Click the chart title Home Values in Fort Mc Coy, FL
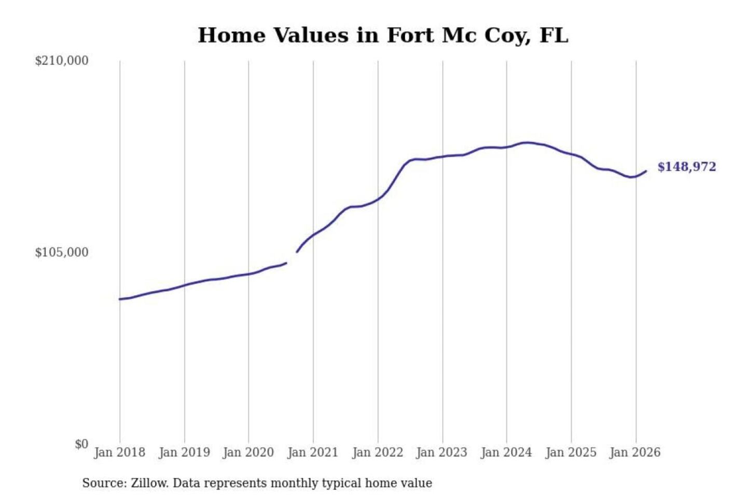tap(383, 35)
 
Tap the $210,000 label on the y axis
tap(62, 61)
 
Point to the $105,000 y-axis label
tap(62, 253)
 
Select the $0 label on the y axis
tap(81, 444)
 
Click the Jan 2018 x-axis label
tap(119, 452)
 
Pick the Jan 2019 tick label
tap(184, 452)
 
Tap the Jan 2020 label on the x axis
tap(248, 452)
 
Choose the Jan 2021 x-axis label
tap(313, 452)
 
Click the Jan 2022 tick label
tap(378, 452)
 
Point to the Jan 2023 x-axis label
tap(441, 452)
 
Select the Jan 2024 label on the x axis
tap(506, 452)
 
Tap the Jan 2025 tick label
tap(571, 452)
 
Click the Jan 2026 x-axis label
tap(635, 452)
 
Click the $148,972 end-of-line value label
tap(686, 167)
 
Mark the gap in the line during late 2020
tap(292, 257)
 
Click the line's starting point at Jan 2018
tap(120, 299)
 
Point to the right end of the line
tap(646, 171)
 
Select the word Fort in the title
tap(410, 35)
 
